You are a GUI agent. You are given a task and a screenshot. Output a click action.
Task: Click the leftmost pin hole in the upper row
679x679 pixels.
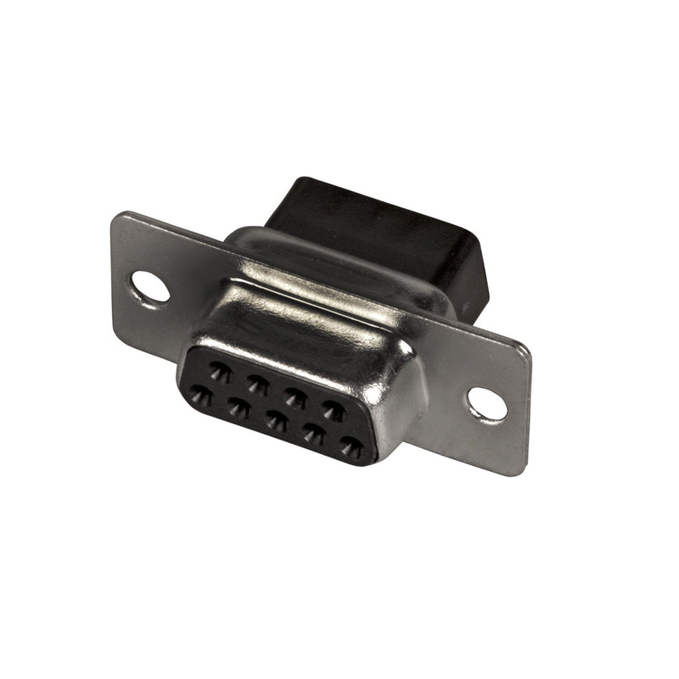click(221, 371)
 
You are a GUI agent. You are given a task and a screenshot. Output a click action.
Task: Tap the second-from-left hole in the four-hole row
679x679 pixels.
click(258, 384)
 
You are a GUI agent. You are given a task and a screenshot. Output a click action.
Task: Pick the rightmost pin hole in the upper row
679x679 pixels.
click(334, 411)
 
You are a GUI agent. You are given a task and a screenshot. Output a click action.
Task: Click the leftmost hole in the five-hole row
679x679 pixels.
click(201, 396)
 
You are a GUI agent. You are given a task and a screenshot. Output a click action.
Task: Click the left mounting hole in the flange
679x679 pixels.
click(150, 286)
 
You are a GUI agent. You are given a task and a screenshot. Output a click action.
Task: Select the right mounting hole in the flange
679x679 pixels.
click(486, 404)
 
